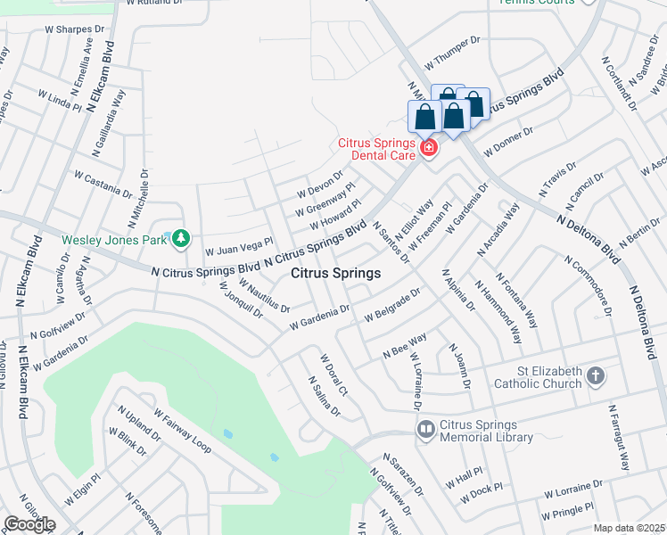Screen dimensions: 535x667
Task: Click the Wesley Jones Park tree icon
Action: click(x=181, y=238)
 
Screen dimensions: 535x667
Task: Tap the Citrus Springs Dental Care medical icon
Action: click(x=429, y=146)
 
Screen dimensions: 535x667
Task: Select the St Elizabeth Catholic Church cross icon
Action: click(x=596, y=378)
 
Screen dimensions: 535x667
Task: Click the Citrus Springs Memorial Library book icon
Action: click(x=425, y=430)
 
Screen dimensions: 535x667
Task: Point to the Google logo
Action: click(x=29, y=524)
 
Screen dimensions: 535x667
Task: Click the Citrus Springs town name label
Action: click(x=336, y=273)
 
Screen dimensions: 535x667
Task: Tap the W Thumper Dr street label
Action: click(x=452, y=54)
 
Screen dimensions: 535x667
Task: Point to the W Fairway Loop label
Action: click(x=182, y=431)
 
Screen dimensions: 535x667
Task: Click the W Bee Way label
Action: click(x=404, y=346)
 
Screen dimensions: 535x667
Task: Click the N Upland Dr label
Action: click(x=138, y=426)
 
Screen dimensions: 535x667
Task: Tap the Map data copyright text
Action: click(x=628, y=528)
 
